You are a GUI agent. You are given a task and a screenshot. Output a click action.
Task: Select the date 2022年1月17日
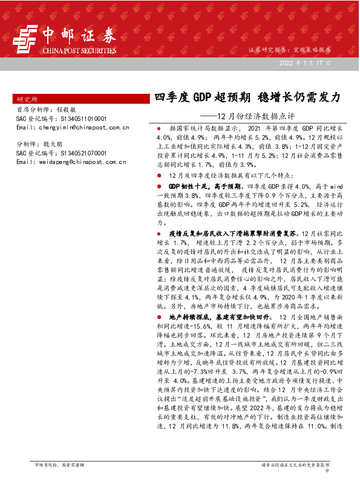[305, 63]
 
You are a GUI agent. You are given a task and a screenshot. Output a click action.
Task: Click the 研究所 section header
[27, 98]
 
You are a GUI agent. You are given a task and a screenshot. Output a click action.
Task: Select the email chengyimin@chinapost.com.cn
[73, 127]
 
